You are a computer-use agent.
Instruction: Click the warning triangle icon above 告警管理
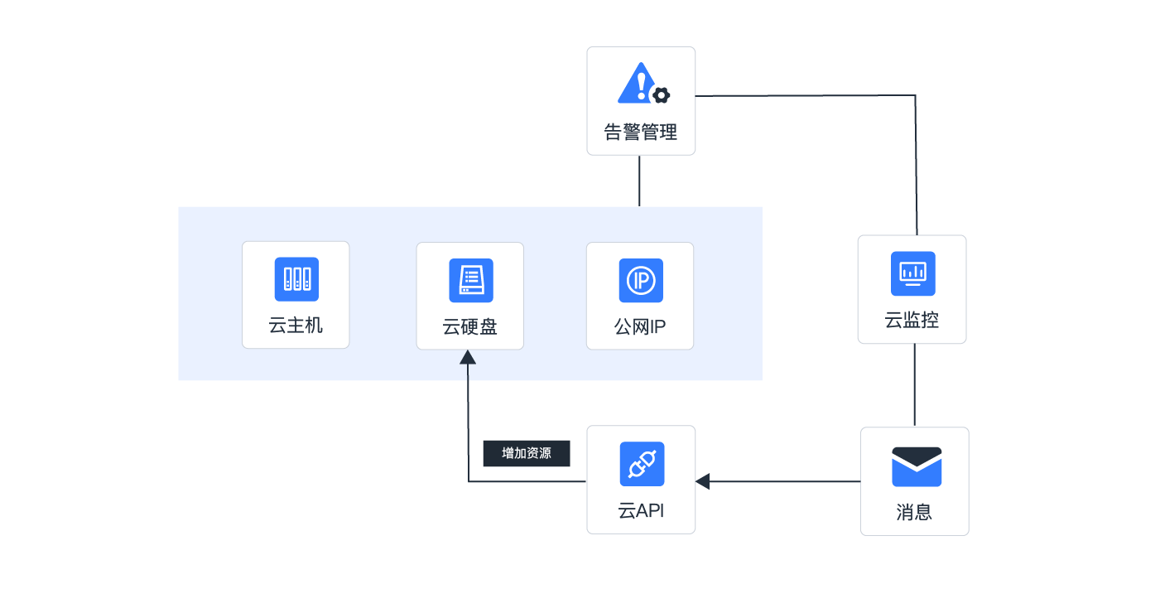point(637,83)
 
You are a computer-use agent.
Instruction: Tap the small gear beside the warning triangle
point(661,95)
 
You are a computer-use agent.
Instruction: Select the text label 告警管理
point(641,132)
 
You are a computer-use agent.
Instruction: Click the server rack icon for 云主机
point(296,279)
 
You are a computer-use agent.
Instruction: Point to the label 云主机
point(296,325)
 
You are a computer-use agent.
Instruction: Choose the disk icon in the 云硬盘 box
point(470,280)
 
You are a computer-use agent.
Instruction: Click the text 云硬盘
point(469,326)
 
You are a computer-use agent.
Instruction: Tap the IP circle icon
point(641,280)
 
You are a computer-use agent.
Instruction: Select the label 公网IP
point(640,326)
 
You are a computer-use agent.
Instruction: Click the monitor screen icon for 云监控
point(912,273)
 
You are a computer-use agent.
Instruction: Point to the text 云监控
point(912,320)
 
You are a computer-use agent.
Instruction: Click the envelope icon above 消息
point(917,466)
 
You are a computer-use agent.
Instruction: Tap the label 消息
point(914,512)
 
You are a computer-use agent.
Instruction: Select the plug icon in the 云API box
point(642,464)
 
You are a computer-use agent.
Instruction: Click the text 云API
point(641,510)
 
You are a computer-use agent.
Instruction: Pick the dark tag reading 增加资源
point(527,453)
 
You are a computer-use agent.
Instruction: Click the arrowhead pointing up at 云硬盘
point(468,357)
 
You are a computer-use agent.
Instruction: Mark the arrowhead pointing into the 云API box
point(703,481)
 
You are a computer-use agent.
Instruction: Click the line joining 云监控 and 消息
point(914,385)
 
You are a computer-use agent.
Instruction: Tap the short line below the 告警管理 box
point(639,181)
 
